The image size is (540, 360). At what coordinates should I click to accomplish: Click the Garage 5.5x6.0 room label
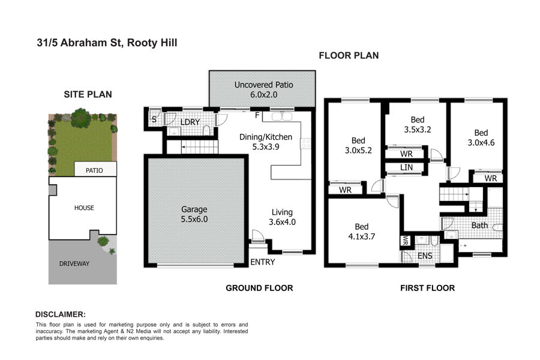194,214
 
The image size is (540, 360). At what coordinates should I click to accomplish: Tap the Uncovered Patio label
264,85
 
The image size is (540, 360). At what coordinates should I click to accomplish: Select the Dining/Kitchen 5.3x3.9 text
266,142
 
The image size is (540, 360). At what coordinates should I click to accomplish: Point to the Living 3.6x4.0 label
282,217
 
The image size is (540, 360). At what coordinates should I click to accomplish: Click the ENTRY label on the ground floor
262,262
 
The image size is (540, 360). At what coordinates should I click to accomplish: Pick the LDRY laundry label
190,122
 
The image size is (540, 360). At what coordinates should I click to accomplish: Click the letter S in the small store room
154,119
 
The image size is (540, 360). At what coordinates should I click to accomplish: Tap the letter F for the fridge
257,115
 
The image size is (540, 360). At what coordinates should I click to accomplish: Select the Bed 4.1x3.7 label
362,232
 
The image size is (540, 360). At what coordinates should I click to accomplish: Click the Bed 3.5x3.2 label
418,125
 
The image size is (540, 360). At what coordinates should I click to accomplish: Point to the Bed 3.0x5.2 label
358,145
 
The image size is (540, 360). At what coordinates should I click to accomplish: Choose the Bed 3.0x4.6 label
481,137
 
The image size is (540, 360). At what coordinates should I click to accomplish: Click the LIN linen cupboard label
406,167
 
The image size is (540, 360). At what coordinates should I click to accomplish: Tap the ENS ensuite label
425,256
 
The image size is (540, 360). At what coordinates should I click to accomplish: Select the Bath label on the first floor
479,226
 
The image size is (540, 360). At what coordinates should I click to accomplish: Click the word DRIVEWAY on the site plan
74,264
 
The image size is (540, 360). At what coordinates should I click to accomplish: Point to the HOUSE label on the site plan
84,208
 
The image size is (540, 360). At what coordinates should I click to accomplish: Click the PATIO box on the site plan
95,169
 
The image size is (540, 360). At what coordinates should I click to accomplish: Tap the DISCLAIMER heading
61,314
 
